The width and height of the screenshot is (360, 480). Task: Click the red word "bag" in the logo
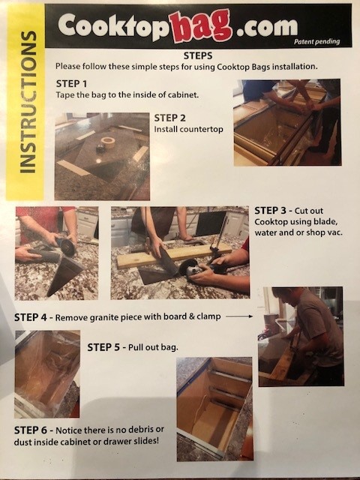(x=201, y=25)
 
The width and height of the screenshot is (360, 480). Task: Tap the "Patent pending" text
(x=316, y=41)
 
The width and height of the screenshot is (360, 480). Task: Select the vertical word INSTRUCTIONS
(x=28, y=102)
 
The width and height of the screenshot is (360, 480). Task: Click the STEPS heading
(x=198, y=55)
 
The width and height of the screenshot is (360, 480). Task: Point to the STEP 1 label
(x=71, y=83)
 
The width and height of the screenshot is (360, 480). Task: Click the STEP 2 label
(x=169, y=118)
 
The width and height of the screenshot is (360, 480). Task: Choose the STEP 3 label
(x=270, y=211)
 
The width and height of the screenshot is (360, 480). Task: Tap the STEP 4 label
(x=30, y=317)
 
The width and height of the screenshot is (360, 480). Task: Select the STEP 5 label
(x=103, y=347)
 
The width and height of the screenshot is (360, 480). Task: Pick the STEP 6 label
(x=31, y=430)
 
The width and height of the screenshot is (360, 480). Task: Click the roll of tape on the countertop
(x=108, y=142)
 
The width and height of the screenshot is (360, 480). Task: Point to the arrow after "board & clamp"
(x=239, y=316)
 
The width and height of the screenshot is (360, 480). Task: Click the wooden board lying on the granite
(x=174, y=256)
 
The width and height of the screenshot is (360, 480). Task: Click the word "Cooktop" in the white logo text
(x=114, y=26)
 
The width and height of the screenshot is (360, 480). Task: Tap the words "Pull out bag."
(x=153, y=347)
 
